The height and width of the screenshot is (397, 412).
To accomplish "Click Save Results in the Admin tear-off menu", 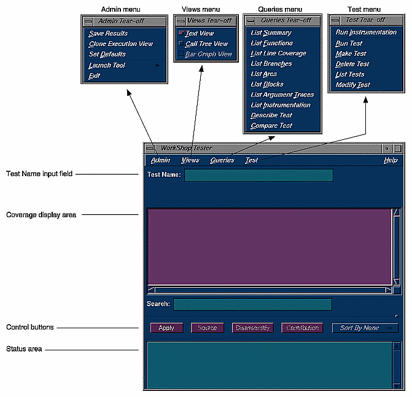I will (x=108, y=33).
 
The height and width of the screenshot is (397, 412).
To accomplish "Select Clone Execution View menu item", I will (x=120, y=44).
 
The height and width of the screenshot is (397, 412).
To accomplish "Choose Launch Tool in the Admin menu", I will (x=107, y=65).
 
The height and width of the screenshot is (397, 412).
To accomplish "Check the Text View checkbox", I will (x=181, y=33).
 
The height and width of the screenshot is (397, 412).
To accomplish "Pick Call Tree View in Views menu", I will (x=206, y=44).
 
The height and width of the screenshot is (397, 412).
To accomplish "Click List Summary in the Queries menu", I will (x=271, y=33).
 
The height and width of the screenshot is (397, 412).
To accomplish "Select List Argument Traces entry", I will (x=282, y=94).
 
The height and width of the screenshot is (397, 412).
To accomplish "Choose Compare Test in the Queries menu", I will (x=271, y=126).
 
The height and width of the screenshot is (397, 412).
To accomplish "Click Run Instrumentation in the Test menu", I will (x=366, y=32).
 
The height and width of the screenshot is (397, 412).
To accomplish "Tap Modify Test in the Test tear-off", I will (x=352, y=85).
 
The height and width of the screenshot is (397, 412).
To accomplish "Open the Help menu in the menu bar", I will (x=391, y=160).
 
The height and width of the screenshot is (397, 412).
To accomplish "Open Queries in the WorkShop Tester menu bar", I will (x=222, y=160).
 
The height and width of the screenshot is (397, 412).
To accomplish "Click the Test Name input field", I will (x=258, y=175).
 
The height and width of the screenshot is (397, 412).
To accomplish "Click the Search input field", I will (x=252, y=304).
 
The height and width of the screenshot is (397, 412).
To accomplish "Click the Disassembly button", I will (x=252, y=328).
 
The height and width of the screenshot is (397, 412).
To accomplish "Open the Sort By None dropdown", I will (x=365, y=328).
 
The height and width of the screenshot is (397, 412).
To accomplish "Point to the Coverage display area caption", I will (x=41, y=215).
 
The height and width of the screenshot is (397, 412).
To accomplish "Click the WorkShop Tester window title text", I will (x=186, y=148).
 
